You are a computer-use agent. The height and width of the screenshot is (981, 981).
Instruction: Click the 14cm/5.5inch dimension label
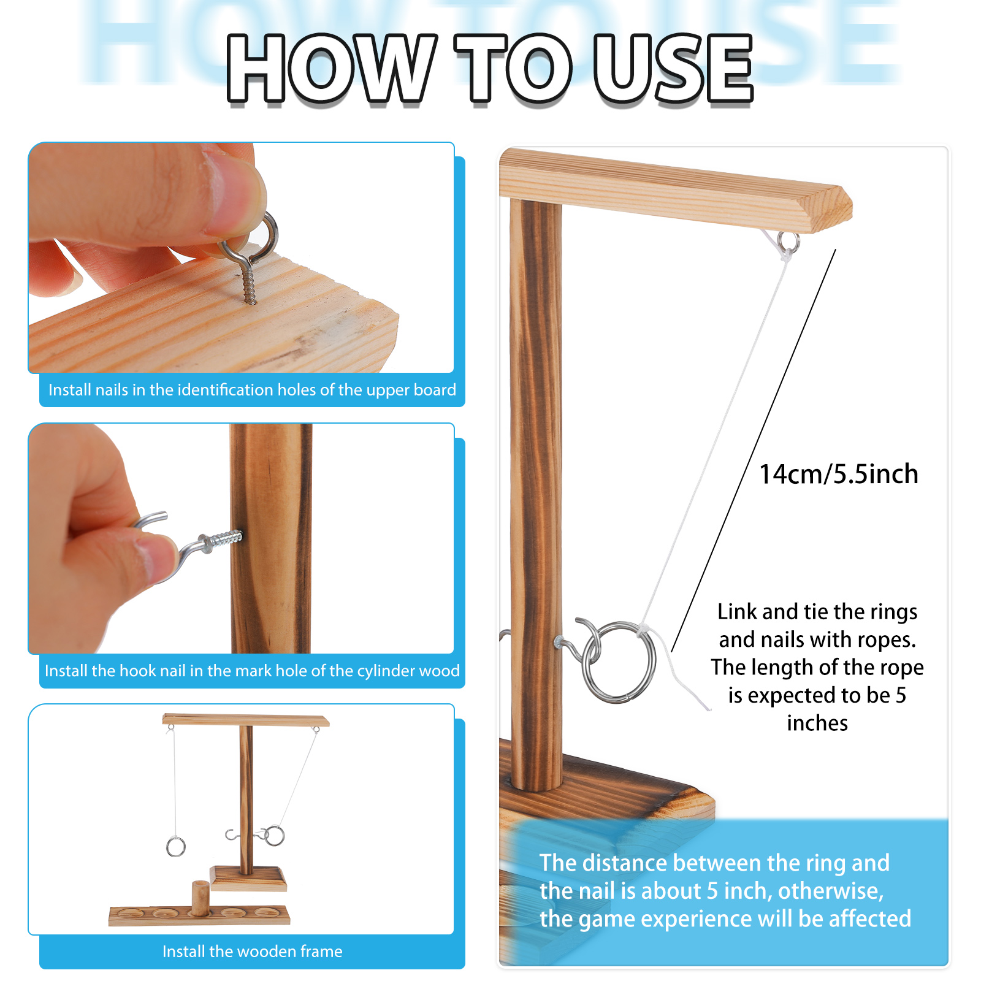(839, 474)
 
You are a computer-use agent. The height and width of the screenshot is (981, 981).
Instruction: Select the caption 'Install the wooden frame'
(252, 951)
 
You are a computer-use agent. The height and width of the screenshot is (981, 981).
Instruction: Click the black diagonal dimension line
(754, 450)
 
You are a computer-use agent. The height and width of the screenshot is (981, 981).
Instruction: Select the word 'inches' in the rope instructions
(817, 723)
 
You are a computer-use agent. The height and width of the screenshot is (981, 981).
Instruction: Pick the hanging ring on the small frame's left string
(176, 847)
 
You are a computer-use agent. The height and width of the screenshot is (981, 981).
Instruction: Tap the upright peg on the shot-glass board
(199, 897)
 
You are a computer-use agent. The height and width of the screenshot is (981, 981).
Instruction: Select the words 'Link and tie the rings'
(817, 611)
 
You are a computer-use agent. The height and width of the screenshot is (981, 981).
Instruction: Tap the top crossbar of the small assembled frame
(246, 720)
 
